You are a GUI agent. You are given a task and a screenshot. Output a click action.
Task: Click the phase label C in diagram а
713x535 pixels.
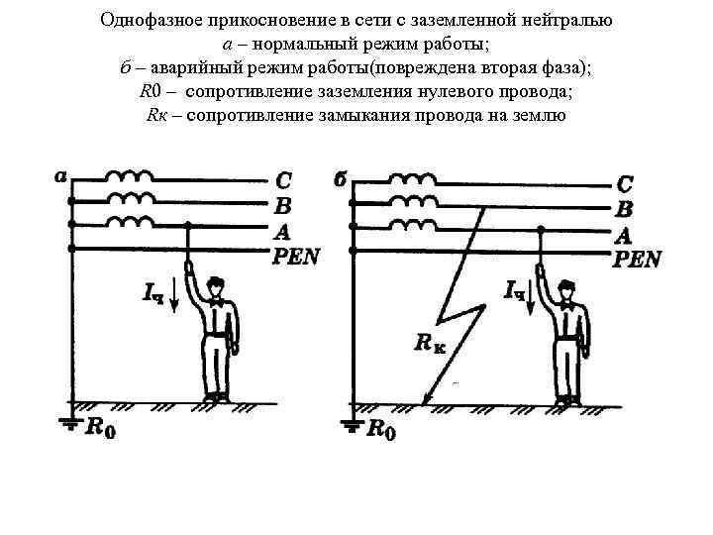283,181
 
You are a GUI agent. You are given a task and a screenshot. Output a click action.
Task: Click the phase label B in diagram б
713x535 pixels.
624,209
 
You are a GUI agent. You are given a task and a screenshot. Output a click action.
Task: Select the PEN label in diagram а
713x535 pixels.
295,257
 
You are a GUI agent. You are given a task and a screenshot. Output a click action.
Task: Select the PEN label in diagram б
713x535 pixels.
637,260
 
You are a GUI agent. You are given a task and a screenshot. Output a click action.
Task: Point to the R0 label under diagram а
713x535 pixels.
100,428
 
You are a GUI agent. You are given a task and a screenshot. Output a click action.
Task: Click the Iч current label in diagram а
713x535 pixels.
153,292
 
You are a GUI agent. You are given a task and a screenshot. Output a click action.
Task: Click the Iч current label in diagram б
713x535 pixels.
515,290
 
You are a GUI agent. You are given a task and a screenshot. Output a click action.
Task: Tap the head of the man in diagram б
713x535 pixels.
567,288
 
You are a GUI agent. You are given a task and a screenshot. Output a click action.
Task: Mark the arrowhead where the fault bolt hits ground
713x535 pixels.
427,400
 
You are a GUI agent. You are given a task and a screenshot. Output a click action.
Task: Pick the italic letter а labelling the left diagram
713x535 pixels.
60,177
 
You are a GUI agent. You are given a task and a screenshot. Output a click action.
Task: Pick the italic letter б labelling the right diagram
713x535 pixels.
340,180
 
